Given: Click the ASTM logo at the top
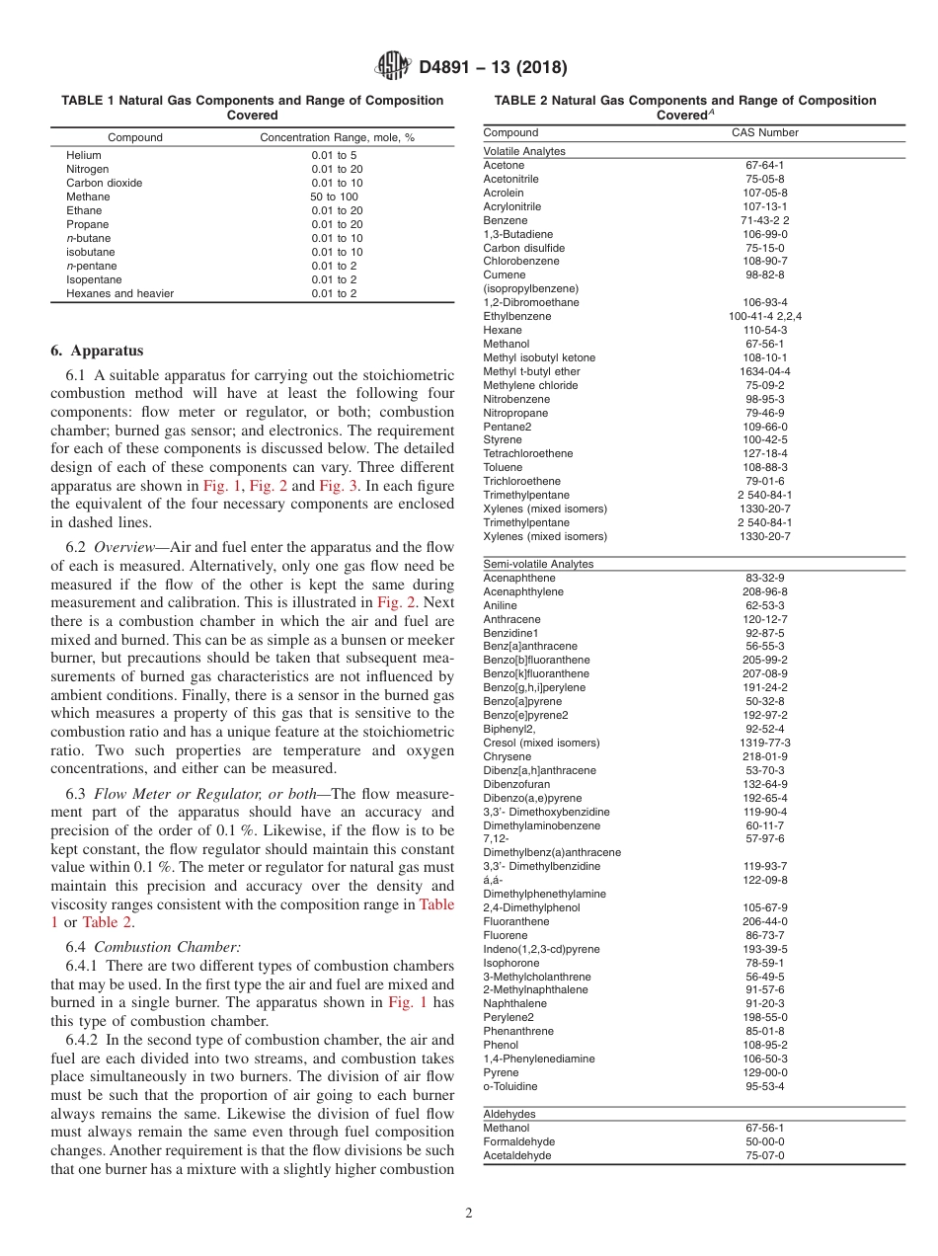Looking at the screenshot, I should point(394,67).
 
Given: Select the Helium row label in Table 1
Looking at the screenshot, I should point(84,155).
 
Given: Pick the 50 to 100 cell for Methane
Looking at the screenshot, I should point(335,196).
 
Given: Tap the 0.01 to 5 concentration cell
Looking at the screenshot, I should point(335,155).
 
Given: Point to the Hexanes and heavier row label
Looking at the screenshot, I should point(119,293).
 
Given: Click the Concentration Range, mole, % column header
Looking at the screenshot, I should point(337,137).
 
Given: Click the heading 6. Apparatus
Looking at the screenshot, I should point(97,351).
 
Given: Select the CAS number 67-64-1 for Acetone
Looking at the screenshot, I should point(764,165).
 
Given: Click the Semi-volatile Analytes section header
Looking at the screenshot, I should point(538,564).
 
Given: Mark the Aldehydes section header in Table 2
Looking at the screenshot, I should point(509,1114).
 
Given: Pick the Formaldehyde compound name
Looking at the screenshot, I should point(518,1141).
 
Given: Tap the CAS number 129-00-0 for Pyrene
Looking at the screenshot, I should point(764,1072).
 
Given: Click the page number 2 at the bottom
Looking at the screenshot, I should point(469,1214).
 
